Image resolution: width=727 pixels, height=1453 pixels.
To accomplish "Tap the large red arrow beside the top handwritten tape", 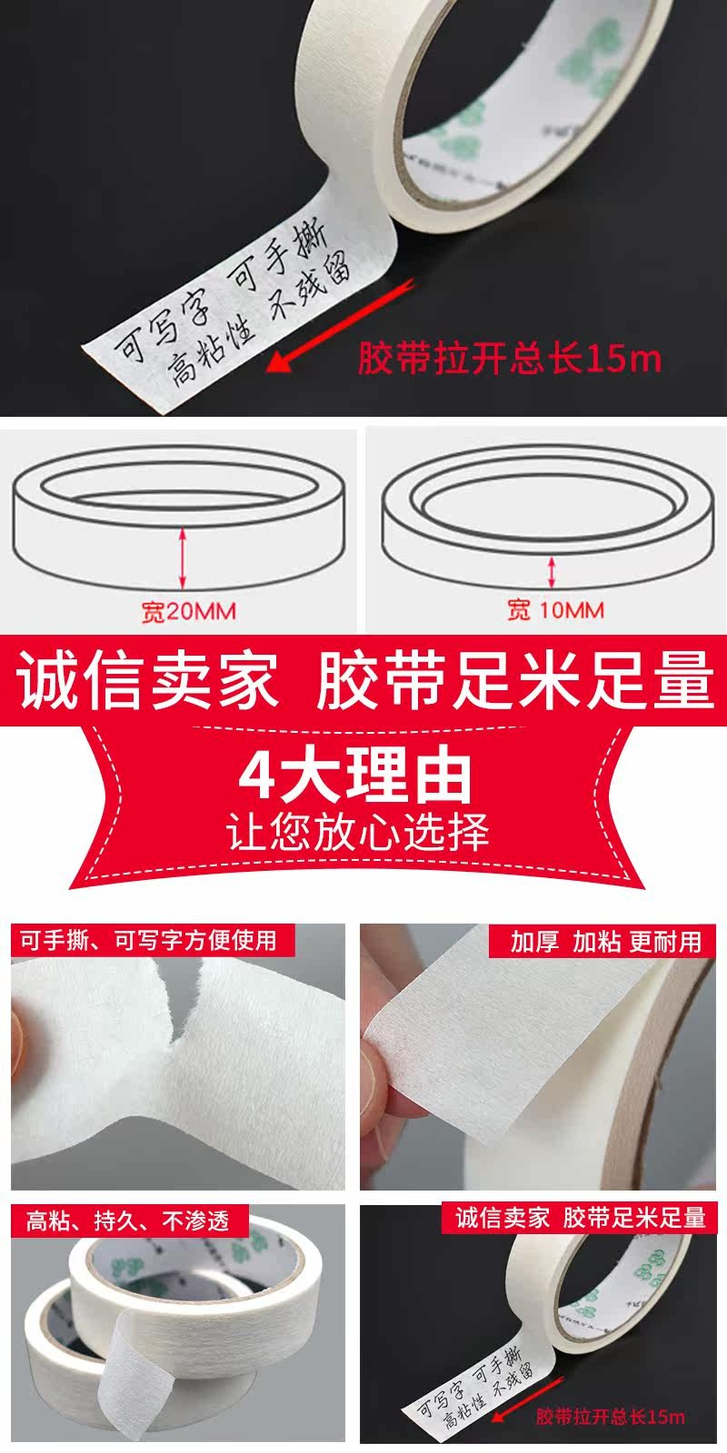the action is (x=340, y=325).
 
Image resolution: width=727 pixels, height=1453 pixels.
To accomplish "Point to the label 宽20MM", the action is (x=189, y=611).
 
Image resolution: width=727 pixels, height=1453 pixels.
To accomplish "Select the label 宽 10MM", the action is (x=555, y=609).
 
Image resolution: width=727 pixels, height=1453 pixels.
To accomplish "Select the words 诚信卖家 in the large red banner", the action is (x=148, y=680).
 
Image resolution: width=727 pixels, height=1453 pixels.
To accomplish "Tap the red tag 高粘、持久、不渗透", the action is (x=129, y=1221).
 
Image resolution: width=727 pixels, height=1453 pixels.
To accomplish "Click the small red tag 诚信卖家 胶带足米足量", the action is (x=580, y=1218).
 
